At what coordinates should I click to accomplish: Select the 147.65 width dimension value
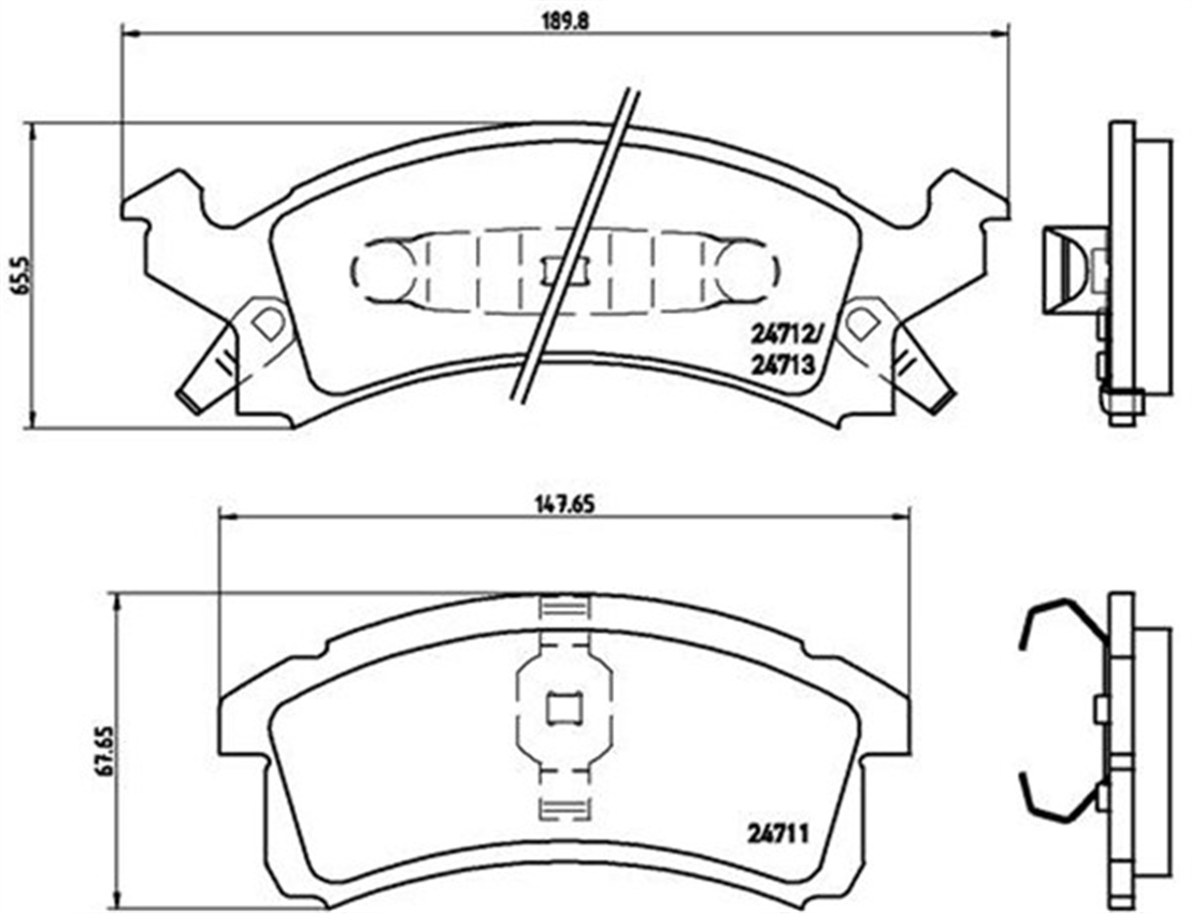point(564,504)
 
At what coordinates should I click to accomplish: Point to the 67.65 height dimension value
point(107,750)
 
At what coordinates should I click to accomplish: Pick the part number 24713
point(782,366)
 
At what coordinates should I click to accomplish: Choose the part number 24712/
point(784,334)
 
